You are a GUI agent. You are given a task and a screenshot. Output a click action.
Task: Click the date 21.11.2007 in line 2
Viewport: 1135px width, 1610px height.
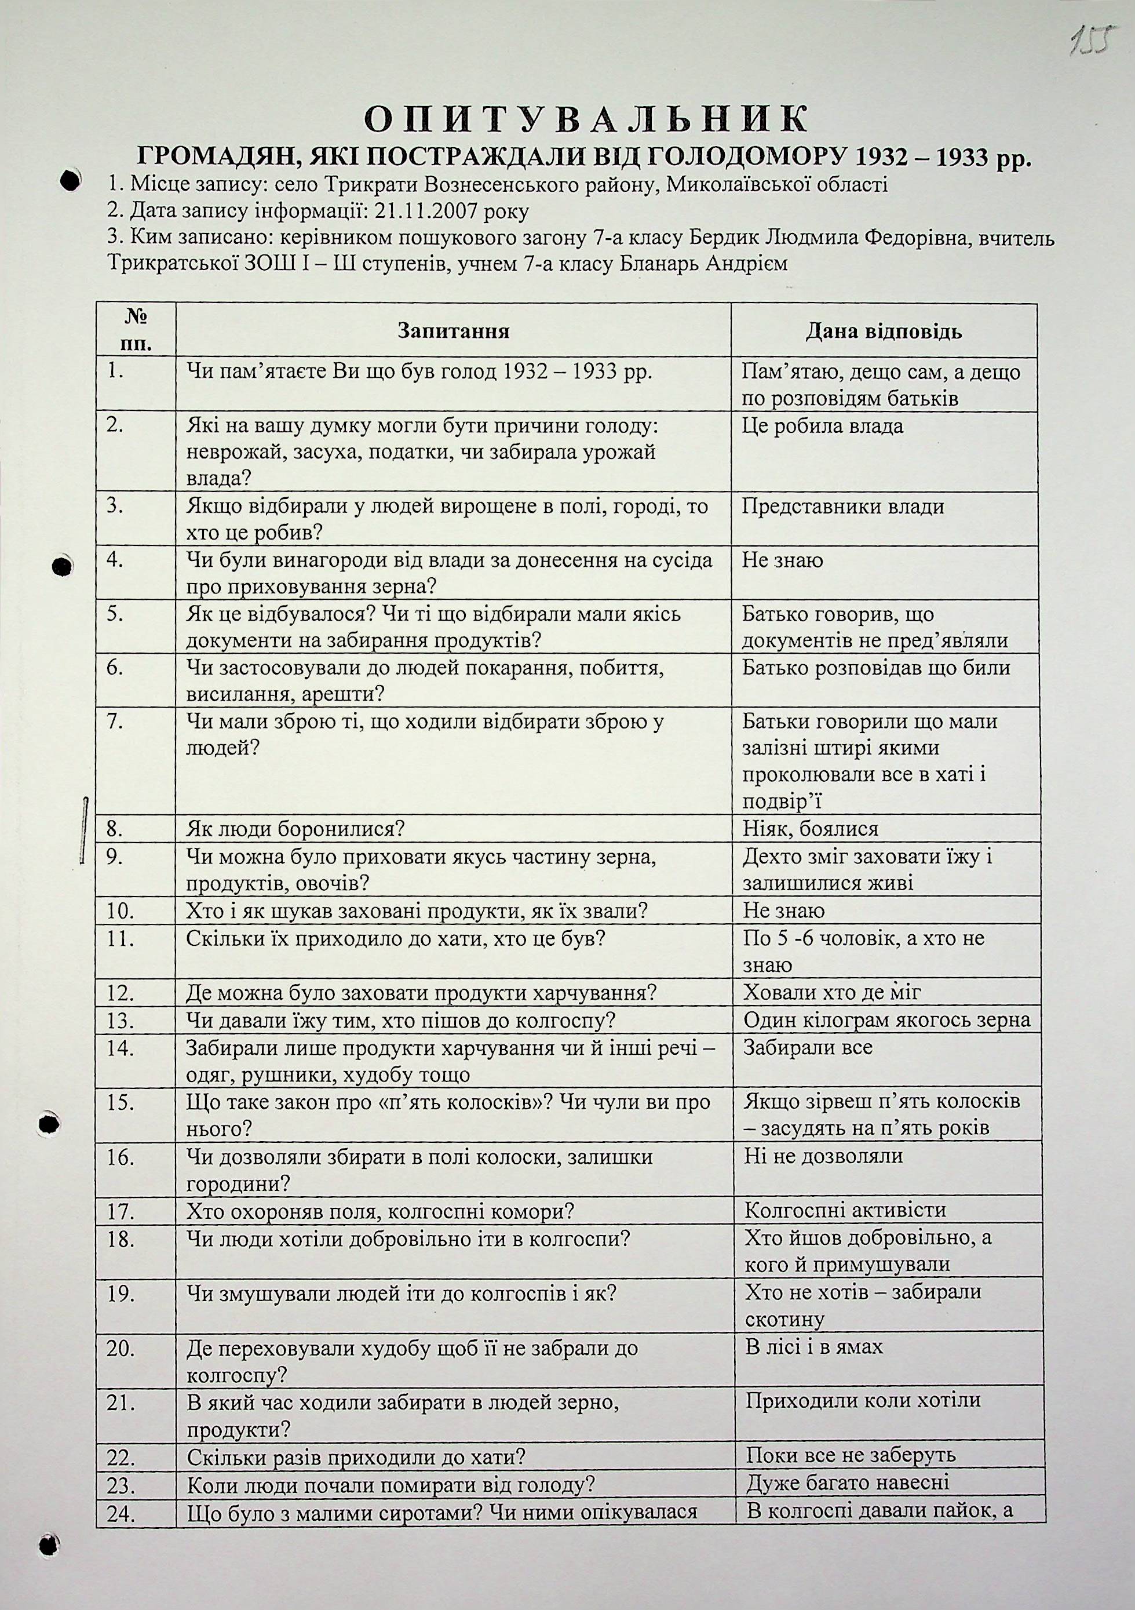404,211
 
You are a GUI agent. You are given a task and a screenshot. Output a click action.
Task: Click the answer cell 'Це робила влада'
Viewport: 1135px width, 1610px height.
822,427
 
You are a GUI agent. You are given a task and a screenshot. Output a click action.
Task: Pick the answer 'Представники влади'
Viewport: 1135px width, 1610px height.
842,507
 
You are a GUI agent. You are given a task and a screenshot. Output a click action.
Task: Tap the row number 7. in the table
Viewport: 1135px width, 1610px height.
116,722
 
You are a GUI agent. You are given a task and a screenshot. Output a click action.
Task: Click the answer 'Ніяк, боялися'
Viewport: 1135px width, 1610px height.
811,829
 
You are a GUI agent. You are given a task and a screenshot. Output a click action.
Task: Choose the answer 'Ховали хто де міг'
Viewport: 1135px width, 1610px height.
832,992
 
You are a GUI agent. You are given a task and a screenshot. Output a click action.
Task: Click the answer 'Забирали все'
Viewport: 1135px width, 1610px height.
808,1048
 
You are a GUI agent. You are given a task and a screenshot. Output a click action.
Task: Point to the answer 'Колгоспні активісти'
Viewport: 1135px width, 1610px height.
845,1210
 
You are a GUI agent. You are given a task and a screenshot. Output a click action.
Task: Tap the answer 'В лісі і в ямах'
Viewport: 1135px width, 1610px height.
815,1347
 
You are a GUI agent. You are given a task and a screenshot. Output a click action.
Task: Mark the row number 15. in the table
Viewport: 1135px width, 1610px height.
121,1103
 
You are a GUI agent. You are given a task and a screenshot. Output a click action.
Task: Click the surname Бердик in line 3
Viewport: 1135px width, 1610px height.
721,238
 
